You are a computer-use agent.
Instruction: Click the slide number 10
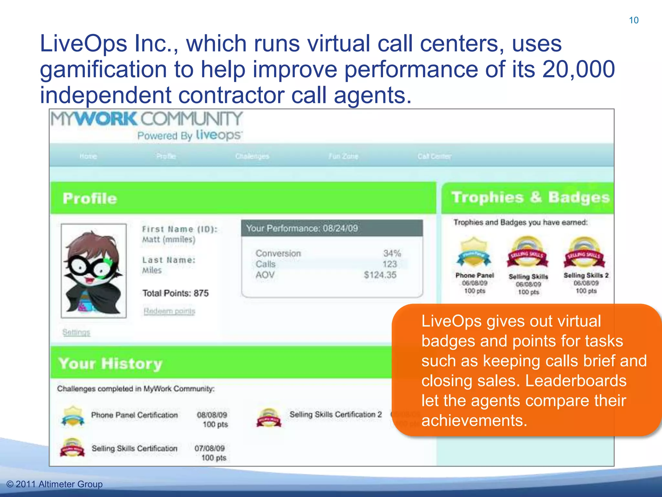click(x=634, y=20)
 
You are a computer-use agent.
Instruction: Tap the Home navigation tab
click(x=88, y=156)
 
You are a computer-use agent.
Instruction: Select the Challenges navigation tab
click(x=252, y=156)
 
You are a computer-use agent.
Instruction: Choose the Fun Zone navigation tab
click(x=343, y=156)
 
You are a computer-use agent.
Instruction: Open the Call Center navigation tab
click(x=434, y=156)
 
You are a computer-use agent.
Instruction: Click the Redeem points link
click(x=169, y=311)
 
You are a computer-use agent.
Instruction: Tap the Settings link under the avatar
click(x=76, y=332)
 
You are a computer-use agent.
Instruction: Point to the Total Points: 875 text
click(x=176, y=293)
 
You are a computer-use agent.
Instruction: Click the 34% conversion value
click(x=392, y=253)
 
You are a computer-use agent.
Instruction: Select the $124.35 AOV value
click(x=380, y=275)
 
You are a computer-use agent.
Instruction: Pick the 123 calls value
click(x=390, y=264)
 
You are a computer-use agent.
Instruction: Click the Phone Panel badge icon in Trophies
click(x=474, y=253)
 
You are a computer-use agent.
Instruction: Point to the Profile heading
click(x=90, y=198)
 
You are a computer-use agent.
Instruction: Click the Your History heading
click(x=110, y=363)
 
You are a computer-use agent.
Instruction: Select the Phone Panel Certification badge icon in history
click(x=73, y=416)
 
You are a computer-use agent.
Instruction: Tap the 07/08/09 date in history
click(x=209, y=448)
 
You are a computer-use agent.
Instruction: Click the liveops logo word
click(x=219, y=135)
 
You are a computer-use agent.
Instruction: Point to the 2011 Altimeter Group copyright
click(x=55, y=484)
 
